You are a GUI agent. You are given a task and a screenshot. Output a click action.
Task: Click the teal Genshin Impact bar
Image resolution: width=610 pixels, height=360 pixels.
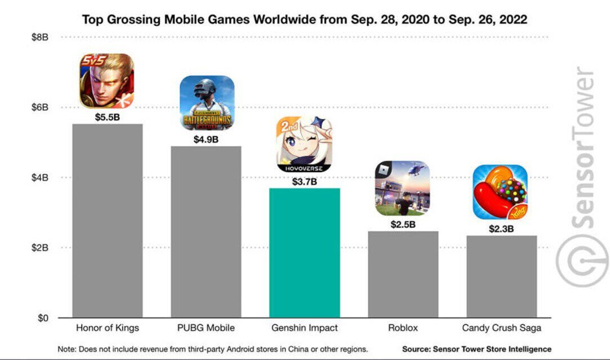[x=304, y=253]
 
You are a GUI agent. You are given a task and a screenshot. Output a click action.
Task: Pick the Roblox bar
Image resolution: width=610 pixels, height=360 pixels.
[x=403, y=274]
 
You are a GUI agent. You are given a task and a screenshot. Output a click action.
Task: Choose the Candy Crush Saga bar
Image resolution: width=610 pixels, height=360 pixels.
[x=501, y=277]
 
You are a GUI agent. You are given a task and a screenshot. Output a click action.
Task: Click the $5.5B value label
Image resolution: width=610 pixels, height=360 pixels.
[x=107, y=118]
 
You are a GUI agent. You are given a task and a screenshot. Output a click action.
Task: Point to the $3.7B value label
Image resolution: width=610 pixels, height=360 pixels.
[x=304, y=182]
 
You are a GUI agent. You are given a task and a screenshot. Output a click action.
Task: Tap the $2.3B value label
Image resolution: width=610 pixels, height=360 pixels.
[x=501, y=229]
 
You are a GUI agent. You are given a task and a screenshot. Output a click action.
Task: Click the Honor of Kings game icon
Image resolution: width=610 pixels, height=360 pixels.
[x=107, y=81]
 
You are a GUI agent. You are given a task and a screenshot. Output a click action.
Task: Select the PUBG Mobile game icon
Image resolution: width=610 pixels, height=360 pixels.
[x=207, y=102]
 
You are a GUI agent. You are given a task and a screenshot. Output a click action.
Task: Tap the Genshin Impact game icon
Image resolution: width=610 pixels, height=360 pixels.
[x=304, y=145]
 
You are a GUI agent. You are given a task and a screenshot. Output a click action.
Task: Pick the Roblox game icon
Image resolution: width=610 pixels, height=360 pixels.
[x=402, y=188]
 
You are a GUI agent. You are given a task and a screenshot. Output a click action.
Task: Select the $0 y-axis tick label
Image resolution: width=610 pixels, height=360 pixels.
[x=43, y=318]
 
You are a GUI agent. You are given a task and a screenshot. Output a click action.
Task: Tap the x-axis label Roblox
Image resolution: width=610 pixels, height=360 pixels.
[x=403, y=328]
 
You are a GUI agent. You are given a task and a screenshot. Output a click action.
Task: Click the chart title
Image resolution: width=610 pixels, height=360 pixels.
[x=304, y=20]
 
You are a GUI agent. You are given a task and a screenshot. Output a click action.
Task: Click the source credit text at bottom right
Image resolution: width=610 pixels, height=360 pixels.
[x=477, y=349]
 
